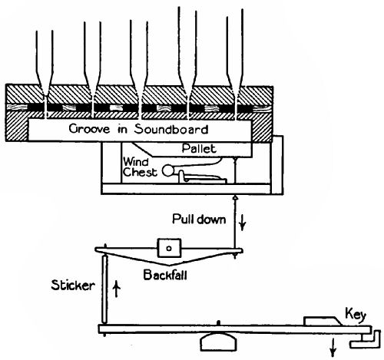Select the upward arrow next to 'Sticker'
[116, 287]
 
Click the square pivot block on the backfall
[168, 249]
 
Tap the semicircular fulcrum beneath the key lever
[219, 339]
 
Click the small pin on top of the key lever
[219, 323]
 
